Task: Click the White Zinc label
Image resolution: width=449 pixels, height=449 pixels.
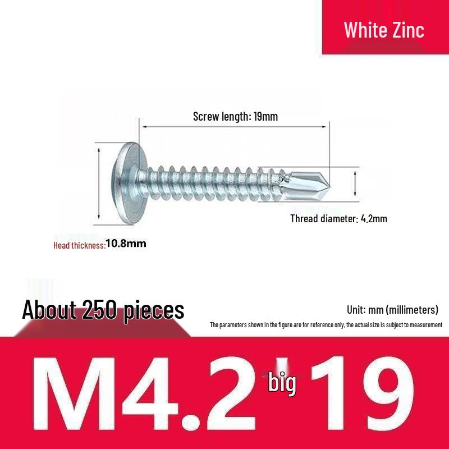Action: coord(384,29)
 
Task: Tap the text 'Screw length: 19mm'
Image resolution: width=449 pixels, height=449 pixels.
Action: coord(235,117)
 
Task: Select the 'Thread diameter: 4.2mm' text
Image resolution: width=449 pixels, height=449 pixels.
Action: coord(338,218)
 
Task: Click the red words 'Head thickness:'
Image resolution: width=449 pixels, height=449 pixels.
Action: coord(79,245)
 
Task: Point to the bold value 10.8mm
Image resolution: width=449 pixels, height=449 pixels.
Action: coord(126,244)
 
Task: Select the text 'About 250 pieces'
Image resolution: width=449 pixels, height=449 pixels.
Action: coord(103,309)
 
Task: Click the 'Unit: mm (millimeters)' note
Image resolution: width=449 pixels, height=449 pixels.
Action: coord(392,310)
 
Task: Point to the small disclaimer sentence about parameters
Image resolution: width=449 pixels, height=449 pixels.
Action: coord(326,324)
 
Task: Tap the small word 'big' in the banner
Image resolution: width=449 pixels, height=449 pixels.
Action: coord(282,384)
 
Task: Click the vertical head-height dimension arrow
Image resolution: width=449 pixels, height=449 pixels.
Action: coord(99,183)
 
